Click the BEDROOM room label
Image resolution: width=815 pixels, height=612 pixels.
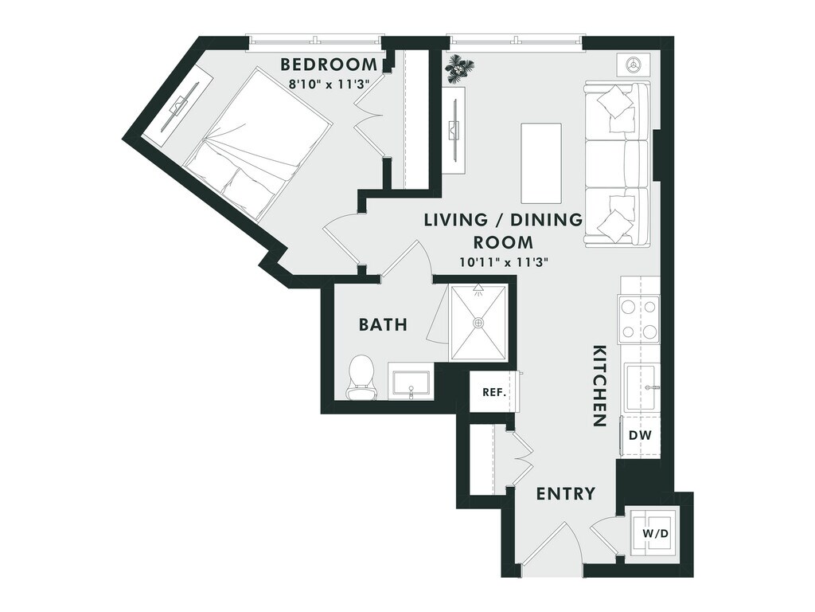[328, 65]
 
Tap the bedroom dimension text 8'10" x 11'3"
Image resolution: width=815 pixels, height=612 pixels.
[328, 82]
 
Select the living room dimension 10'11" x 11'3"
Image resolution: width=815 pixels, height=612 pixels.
[504, 263]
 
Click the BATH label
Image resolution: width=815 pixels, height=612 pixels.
[383, 325]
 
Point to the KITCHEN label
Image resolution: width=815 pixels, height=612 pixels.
[599, 386]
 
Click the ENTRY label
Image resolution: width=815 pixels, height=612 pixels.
[566, 493]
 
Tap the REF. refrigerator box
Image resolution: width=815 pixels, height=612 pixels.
[493, 392]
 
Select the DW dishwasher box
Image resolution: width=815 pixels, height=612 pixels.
[640, 435]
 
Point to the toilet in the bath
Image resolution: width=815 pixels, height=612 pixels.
[361, 376]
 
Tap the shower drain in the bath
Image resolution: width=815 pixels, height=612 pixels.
[478, 323]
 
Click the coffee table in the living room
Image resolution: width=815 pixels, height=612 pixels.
[541, 163]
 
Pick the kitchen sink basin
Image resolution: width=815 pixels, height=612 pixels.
[640, 387]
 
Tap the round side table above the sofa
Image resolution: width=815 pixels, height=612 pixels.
[633, 65]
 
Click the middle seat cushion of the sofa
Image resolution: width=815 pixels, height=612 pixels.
[617, 163]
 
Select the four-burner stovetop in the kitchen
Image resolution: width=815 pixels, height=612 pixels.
[639, 319]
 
